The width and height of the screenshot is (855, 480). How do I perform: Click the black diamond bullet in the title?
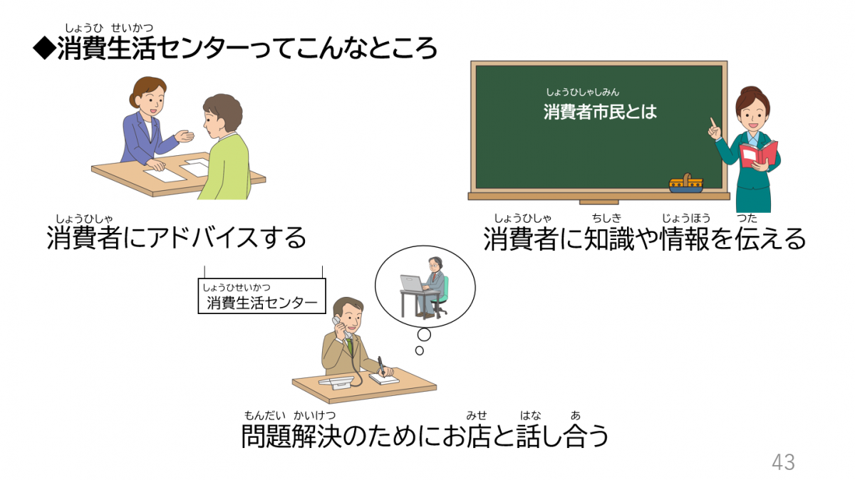44,49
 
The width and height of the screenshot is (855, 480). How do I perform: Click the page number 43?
783,462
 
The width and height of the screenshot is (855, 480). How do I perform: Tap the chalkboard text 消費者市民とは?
599,112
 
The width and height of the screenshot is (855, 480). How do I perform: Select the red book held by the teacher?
758,154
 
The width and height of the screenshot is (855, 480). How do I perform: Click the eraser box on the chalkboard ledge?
685,184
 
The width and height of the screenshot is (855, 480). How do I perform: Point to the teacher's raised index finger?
712,123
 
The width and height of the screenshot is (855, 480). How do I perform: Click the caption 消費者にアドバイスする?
176,238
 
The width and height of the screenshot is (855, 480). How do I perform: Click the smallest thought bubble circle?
419,350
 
